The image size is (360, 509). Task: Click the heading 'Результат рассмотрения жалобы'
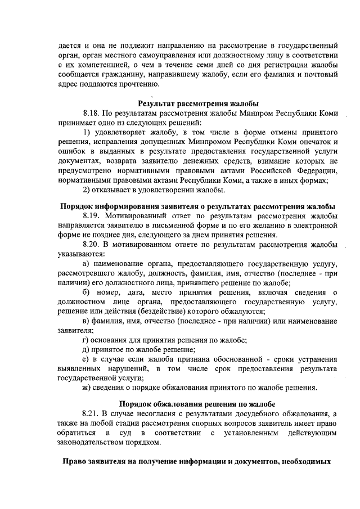pos(198,103)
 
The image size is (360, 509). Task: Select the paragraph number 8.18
pos(92,113)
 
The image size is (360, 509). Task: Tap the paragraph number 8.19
pos(92,216)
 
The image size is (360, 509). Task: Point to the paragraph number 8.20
pos(92,245)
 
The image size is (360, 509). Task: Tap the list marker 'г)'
pos(85,340)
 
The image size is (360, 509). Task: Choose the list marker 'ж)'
pos(87,387)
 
